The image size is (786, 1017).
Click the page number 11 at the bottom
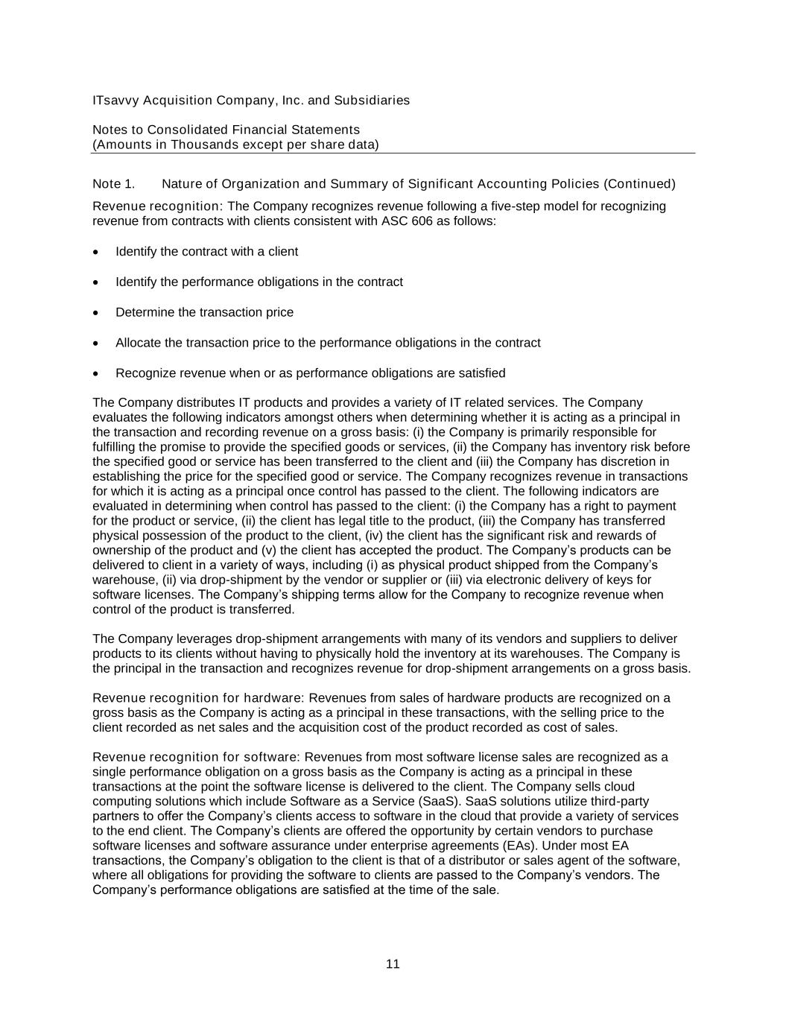pos(393,964)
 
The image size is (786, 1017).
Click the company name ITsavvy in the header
pos(115,101)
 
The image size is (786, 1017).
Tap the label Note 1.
pos(113,184)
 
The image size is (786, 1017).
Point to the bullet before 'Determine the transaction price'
pos(96,313)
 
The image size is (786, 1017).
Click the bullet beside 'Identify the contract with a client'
pos(96,253)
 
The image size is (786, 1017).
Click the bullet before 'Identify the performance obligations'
pos(96,283)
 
